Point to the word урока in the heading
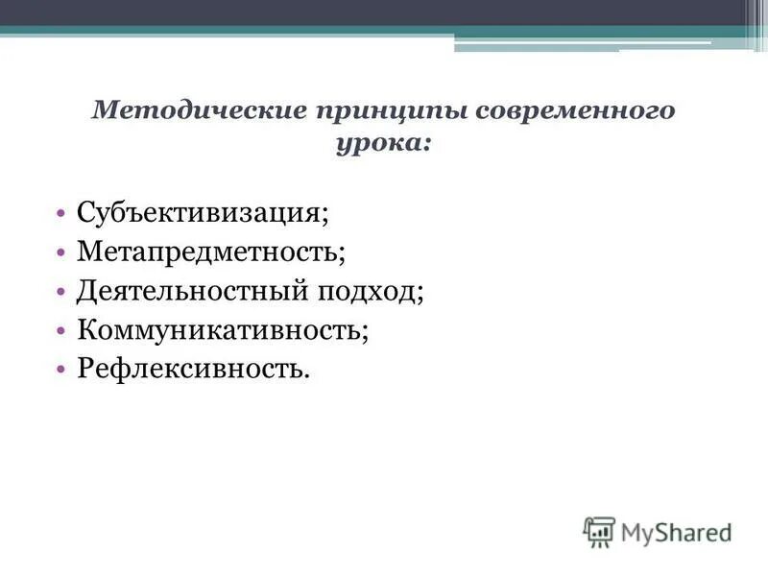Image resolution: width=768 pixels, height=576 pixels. [x=377, y=144]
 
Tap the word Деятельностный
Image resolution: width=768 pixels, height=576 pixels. [x=191, y=290]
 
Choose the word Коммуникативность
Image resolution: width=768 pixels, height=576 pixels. [x=220, y=329]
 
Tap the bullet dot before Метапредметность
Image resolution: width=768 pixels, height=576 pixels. [x=60, y=252]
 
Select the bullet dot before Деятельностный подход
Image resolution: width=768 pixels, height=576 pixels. [x=60, y=291]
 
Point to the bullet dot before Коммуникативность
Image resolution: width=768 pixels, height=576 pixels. [x=60, y=330]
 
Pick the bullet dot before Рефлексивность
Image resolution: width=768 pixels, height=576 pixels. [x=60, y=369]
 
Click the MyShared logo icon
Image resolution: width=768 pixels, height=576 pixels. [x=599, y=531]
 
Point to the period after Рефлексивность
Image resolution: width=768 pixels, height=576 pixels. [x=308, y=374]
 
